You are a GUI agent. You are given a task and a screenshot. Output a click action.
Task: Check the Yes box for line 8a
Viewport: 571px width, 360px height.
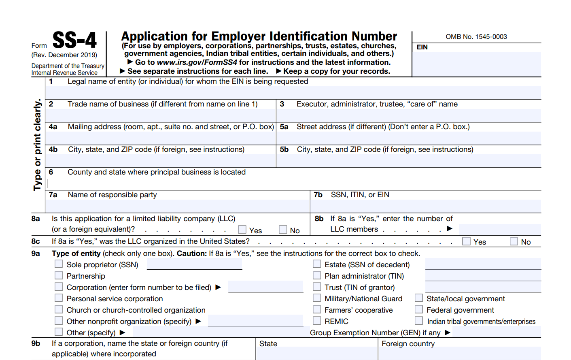point(242,230)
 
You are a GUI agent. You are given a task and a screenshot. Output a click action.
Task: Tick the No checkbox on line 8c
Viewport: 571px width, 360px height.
point(514,241)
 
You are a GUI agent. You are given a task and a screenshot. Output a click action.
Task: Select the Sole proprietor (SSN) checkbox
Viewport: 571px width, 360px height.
point(59,264)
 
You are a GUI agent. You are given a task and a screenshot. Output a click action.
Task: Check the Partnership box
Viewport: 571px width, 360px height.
point(59,275)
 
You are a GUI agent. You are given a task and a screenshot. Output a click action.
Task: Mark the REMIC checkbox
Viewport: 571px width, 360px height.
point(317,321)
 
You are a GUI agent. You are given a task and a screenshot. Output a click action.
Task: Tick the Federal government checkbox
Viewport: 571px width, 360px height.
point(419,309)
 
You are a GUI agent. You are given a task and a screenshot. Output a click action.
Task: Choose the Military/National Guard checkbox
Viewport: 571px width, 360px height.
point(317,298)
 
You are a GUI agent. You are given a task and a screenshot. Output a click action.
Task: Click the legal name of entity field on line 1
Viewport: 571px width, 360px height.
point(293,93)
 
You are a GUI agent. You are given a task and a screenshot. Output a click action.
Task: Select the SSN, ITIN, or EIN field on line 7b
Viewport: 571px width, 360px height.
point(425,206)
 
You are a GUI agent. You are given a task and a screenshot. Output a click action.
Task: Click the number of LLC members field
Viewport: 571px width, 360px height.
point(500,229)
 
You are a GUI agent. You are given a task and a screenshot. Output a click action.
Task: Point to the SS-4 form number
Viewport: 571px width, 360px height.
point(75,40)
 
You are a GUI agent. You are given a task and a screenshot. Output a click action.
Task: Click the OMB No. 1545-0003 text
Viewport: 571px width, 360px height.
point(476,36)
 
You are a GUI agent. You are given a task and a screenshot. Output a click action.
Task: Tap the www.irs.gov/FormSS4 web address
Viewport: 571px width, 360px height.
point(197,62)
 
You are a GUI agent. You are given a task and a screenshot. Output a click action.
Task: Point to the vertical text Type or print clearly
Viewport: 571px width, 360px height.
point(38,145)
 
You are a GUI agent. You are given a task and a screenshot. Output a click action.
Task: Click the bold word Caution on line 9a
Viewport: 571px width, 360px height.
point(192,253)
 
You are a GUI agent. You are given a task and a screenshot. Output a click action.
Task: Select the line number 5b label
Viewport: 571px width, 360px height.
point(284,149)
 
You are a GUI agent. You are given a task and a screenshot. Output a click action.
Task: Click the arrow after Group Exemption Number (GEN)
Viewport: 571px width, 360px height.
point(448,332)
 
